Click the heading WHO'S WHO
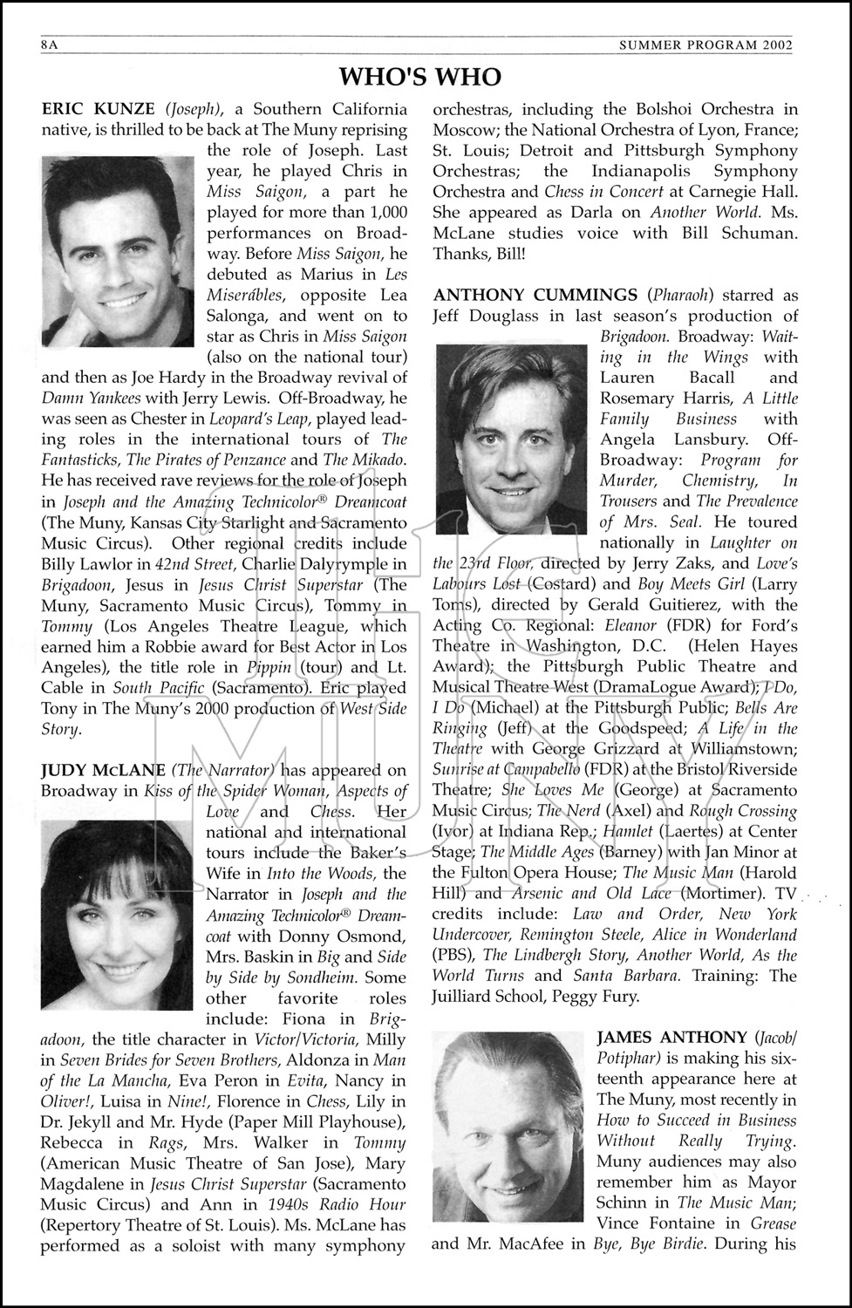(x=420, y=77)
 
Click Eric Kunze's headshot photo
(x=118, y=251)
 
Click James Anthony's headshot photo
(x=509, y=1125)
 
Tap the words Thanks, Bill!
(x=480, y=254)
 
